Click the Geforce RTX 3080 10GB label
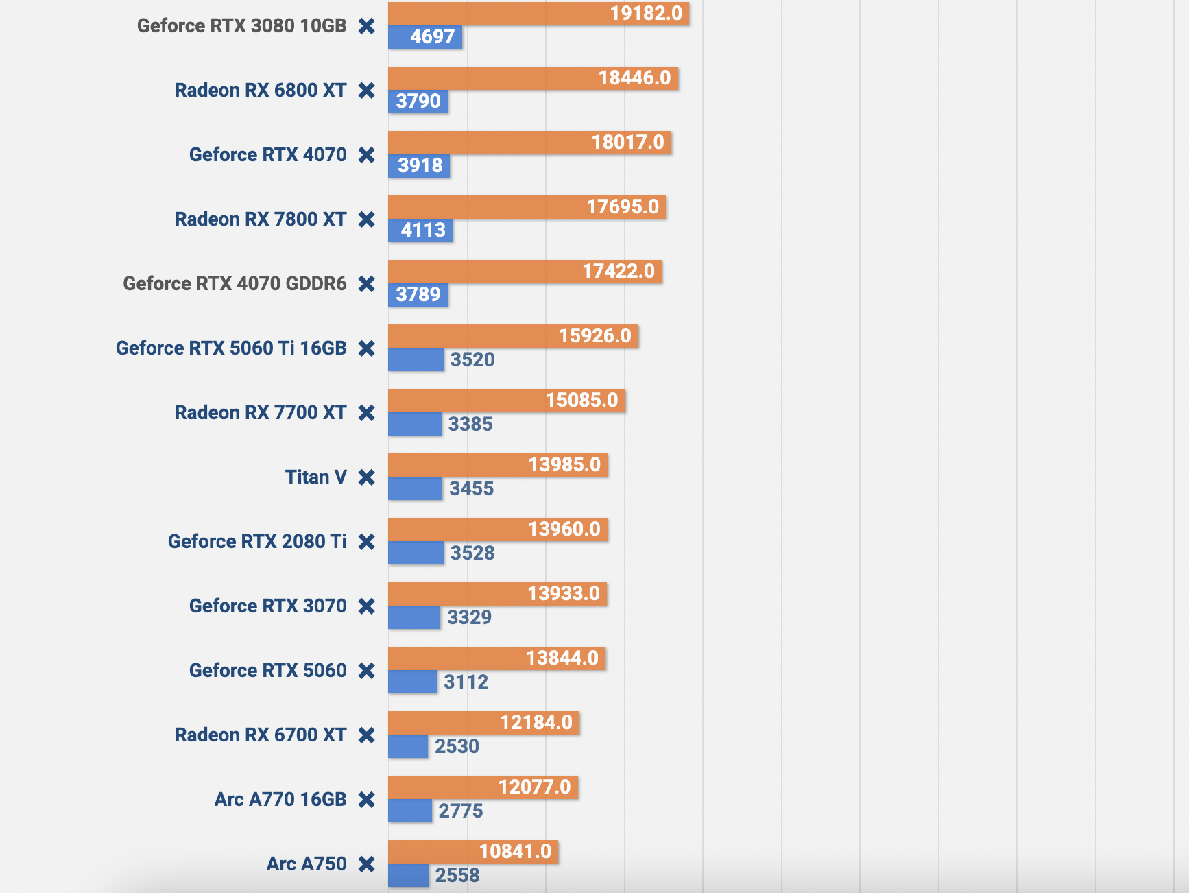coord(241,26)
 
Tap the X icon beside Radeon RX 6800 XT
coord(367,91)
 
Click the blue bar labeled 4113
coord(420,230)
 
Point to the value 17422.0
coord(618,272)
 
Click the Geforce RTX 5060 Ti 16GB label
coord(231,348)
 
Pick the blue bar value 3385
coord(470,424)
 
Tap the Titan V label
coord(315,477)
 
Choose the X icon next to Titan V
coord(367,477)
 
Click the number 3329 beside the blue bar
coord(470,617)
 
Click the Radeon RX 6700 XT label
coord(261,735)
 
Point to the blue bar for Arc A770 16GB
coord(409,811)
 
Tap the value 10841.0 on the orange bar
coord(515,852)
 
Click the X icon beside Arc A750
coord(367,864)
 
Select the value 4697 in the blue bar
coord(433,37)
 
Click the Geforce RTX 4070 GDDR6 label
coord(235,284)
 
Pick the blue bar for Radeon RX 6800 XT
coord(418,102)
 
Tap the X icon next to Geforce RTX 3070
coord(367,606)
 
